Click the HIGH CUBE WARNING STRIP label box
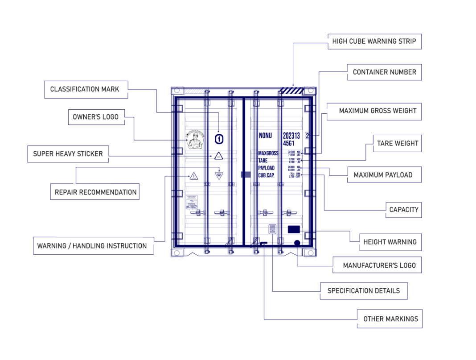point(374,41)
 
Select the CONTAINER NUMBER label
point(384,72)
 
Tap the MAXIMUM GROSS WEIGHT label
point(378,111)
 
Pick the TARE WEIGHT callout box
point(398,143)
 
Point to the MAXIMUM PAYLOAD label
point(383,175)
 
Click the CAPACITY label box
point(403,209)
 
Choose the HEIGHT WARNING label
point(390,242)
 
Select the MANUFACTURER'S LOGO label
point(379,265)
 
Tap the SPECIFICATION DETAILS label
point(363,291)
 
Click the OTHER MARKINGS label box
point(390,319)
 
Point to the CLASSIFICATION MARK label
point(85,89)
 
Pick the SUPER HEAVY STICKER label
point(68,153)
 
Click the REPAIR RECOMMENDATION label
point(95,192)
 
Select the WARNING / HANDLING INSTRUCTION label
point(92,246)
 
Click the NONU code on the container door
point(265,136)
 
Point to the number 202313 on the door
point(291,136)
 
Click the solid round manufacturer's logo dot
point(297,243)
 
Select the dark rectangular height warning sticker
point(294,229)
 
